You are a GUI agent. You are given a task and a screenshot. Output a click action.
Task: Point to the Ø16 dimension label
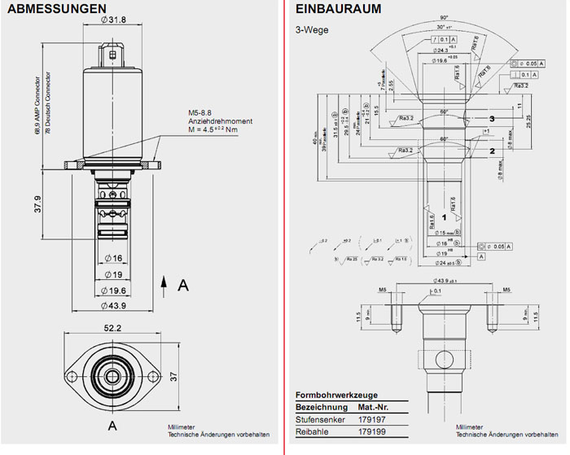click(x=113, y=258)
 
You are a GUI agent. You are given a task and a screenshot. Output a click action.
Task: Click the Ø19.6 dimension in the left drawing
click(x=113, y=291)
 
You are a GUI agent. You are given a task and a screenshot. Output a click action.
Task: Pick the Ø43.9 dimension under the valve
click(x=113, y=306)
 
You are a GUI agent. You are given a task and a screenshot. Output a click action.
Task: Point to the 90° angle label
click(x=445, y=17)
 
